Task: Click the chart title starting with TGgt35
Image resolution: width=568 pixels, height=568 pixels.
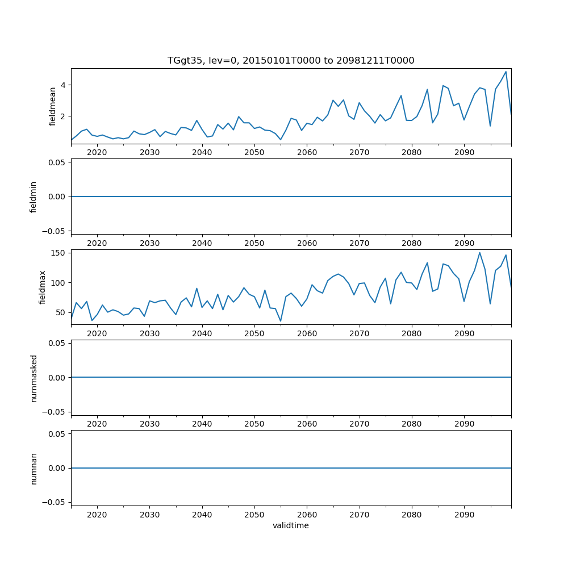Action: [291, 60]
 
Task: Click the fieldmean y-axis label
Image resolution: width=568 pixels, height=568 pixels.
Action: [53, 106]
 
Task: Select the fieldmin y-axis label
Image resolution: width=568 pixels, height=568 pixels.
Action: [34, 197]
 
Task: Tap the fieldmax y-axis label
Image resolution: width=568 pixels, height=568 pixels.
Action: [43, 287]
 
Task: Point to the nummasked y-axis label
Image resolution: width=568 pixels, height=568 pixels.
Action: [34, 378]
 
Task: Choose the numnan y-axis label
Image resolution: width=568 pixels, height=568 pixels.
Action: [34, 468]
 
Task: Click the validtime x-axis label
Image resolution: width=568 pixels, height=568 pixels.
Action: [291, 525]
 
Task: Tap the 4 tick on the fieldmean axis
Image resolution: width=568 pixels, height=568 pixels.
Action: [64, 85]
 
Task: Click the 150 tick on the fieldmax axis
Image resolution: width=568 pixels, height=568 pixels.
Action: [59, 253]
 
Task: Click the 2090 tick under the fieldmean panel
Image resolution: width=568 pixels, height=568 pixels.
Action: [464, 153]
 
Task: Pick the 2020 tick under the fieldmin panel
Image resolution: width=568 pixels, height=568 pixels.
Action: [97, 243]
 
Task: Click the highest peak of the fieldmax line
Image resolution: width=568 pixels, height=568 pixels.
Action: [479, 253]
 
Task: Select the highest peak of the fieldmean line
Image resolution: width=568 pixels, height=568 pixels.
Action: [506, 72]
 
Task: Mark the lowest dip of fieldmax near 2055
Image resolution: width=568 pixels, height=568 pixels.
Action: [280, 321]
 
